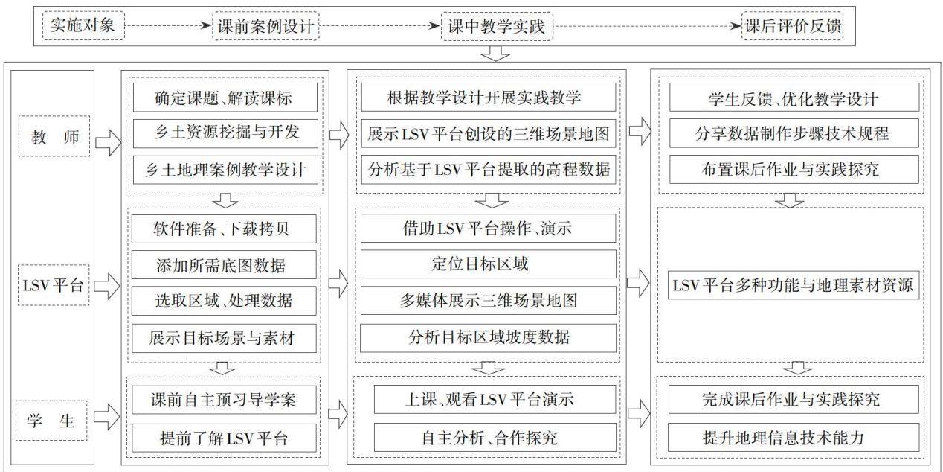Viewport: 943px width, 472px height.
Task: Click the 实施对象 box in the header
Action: click(x=83, y=26)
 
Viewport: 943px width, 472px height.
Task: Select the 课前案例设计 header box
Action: click(x=265, y=26)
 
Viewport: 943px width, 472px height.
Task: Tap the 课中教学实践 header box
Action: click(x=497, y=26)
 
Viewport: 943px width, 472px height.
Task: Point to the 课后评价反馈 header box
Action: click(x=792, y=26)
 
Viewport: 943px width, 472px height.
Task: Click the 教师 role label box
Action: click(x=54, y=136)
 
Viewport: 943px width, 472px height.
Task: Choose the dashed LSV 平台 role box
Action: click(x=54, y=285)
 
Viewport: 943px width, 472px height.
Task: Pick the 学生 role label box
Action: click(x=51, y=421)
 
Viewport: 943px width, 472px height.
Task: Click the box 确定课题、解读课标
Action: click(x=225, y=98)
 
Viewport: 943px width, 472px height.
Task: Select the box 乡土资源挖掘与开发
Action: click(x=225, y=133)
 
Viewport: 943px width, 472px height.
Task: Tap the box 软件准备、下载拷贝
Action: click(x=224, y=229)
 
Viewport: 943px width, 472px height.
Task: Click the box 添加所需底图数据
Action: click(x=224, y=264)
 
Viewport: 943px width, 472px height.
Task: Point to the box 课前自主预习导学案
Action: click(x=224, y=400)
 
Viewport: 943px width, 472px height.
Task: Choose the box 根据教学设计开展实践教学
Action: click(x=489, y=98)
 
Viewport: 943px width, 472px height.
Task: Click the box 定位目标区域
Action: click(x=489, y=264)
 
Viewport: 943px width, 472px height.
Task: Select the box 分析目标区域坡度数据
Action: click(x=489, y=337)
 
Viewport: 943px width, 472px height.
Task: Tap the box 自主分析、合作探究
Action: click(x=495, y=438)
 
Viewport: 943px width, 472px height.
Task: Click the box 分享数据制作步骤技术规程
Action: click(x=794, y=133)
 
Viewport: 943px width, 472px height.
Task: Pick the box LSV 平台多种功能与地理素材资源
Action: click(x=794, y=285)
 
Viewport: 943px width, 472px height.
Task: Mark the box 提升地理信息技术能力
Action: click(x=794, y=438)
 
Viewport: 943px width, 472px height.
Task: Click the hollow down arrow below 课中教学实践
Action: click(x=495, y=54)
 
